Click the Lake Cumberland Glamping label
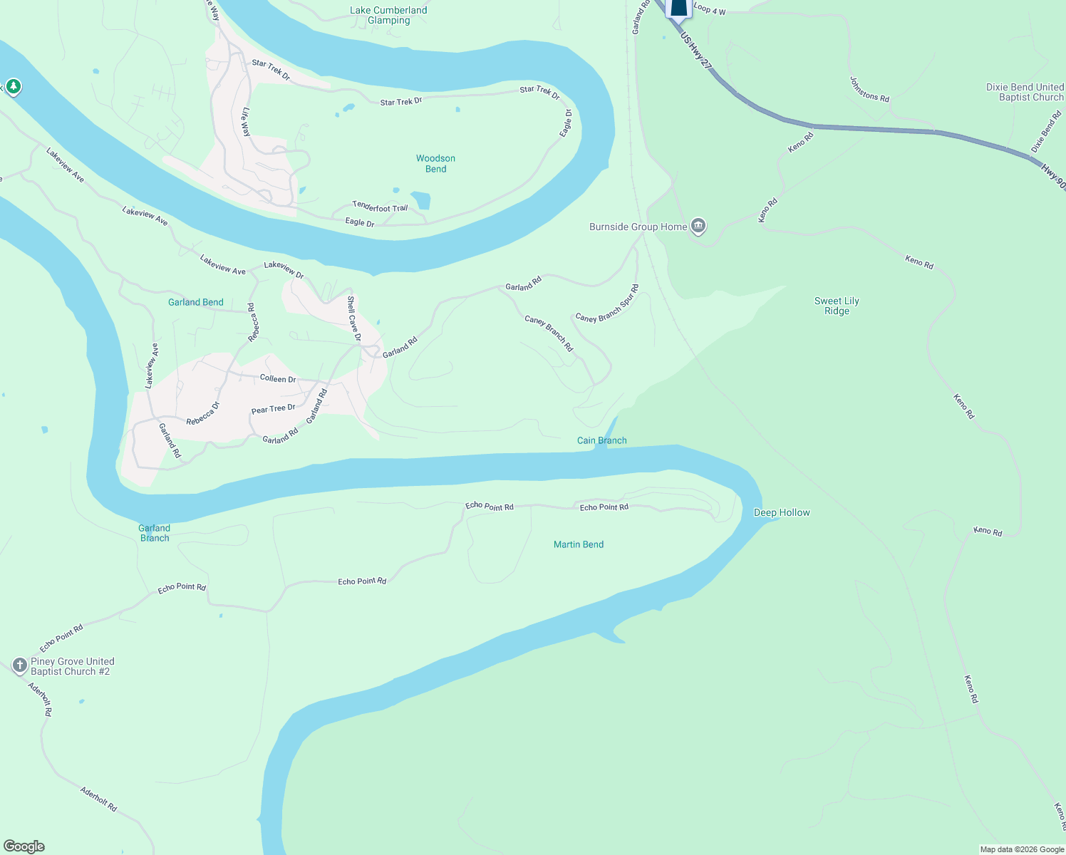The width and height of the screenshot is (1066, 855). [388, 15]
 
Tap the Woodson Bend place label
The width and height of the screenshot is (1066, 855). [435, 163]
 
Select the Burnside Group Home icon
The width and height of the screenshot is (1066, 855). [698, 227]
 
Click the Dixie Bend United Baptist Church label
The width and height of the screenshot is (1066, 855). [1025, 92]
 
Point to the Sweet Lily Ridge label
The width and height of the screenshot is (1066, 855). [837, 306]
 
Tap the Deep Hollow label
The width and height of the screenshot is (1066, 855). [782, 512]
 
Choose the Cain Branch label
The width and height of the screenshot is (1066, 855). [601, 440]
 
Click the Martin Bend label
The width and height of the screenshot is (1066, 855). [579, 544]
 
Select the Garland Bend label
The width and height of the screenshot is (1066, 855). [196, 302]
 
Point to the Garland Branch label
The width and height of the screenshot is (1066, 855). [155, 533]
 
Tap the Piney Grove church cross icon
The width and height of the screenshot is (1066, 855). [19, 665]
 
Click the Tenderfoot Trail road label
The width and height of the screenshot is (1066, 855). [381, 207]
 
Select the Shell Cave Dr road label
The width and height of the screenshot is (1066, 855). [354, 318]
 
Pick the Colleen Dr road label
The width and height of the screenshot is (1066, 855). [278, 378]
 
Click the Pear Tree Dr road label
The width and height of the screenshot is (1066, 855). [274, 409]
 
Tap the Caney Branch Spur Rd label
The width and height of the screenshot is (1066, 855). [607, 304]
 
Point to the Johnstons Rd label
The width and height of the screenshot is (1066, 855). [869, 90]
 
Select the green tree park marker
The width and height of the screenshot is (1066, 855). [13, 87]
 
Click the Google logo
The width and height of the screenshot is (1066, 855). [24, 846]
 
